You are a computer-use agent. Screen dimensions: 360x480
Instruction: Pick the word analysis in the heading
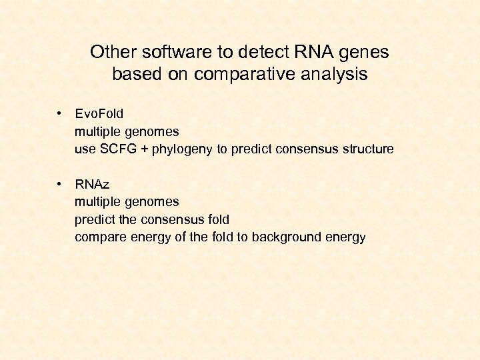click(x=334, y=74)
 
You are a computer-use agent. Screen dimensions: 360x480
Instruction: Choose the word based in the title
click(x=135, y=74)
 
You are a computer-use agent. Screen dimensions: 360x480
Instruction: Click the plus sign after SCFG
click(x=143, y=149)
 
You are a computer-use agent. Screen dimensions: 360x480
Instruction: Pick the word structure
click(x=369, y=149)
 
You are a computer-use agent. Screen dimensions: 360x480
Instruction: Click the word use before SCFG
click(x=85, y=149)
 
